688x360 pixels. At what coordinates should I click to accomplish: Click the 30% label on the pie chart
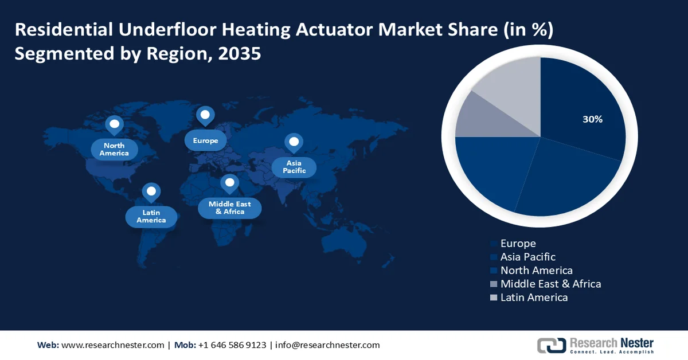tap(592, 119)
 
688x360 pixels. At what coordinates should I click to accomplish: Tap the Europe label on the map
tap(205, 140)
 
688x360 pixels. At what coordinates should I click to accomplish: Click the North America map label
tap(114, 150)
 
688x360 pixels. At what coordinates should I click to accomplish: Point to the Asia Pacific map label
tap(294, 167)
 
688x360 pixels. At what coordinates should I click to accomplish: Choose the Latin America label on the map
tap(151, 217)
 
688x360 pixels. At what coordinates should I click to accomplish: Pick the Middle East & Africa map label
tap(229, 208)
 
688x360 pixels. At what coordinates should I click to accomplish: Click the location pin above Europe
tap(205, 116)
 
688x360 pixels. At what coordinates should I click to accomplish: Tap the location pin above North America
tap(114, 124)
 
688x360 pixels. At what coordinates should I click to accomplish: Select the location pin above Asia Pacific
tap(294, 142)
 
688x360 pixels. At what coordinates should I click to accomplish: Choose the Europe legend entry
tap(518, 244)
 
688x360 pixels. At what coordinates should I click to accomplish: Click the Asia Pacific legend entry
tap(527, 257)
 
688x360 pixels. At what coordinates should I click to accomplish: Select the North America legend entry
tap(536, 271)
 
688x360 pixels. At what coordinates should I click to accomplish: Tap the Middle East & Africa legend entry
tap(550, 284)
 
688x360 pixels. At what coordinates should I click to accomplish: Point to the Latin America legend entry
tap(533, 298)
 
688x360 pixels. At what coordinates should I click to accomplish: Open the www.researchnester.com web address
tap(112, 345)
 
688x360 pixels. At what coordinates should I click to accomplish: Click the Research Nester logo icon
tap(551, 345)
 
